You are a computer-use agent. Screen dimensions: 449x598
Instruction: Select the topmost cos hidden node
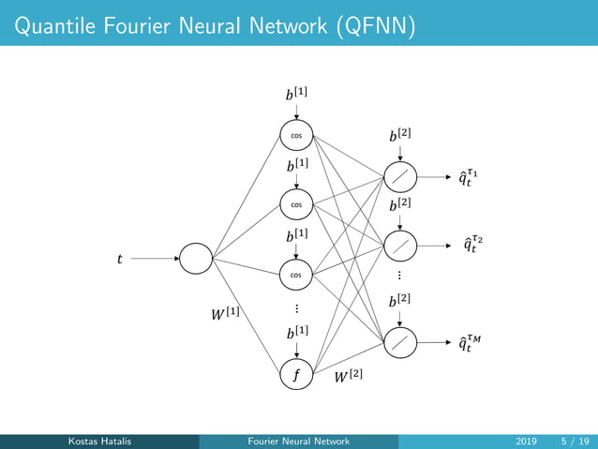(295, 134)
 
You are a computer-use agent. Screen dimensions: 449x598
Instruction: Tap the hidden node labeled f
(295, 375)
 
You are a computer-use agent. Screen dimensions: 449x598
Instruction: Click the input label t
(119, 260)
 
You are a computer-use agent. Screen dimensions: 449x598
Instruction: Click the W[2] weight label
(349, 377)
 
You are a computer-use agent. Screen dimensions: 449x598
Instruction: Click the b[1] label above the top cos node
(296, 94)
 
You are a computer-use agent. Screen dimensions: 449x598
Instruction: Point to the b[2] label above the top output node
(400, 137)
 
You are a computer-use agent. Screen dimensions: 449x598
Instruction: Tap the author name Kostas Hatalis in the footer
(100, 441)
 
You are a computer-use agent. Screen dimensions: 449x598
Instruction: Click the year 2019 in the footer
(527, 441)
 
